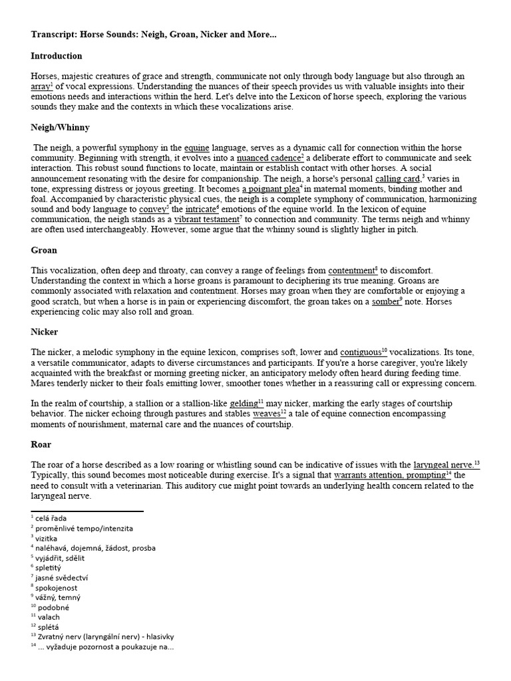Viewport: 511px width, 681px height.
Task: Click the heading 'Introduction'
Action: (x=57, y=56)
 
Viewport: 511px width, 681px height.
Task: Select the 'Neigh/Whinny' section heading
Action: (x=60, y=127)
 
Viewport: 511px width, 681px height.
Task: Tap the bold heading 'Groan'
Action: (x=44, y=250)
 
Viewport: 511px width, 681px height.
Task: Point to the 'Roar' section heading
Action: (x=41, y=444)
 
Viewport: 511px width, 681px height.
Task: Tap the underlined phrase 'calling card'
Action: (x=397, y=179)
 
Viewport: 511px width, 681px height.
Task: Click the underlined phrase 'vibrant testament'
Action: (x=206, y=219)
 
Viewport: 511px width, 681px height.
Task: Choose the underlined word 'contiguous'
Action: (x=361, y=352)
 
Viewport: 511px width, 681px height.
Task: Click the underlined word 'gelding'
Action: (x=243, y=404)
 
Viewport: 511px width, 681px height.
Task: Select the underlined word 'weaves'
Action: (x=266, y=414)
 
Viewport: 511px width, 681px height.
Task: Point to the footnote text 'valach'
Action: (x=49, y=616)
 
